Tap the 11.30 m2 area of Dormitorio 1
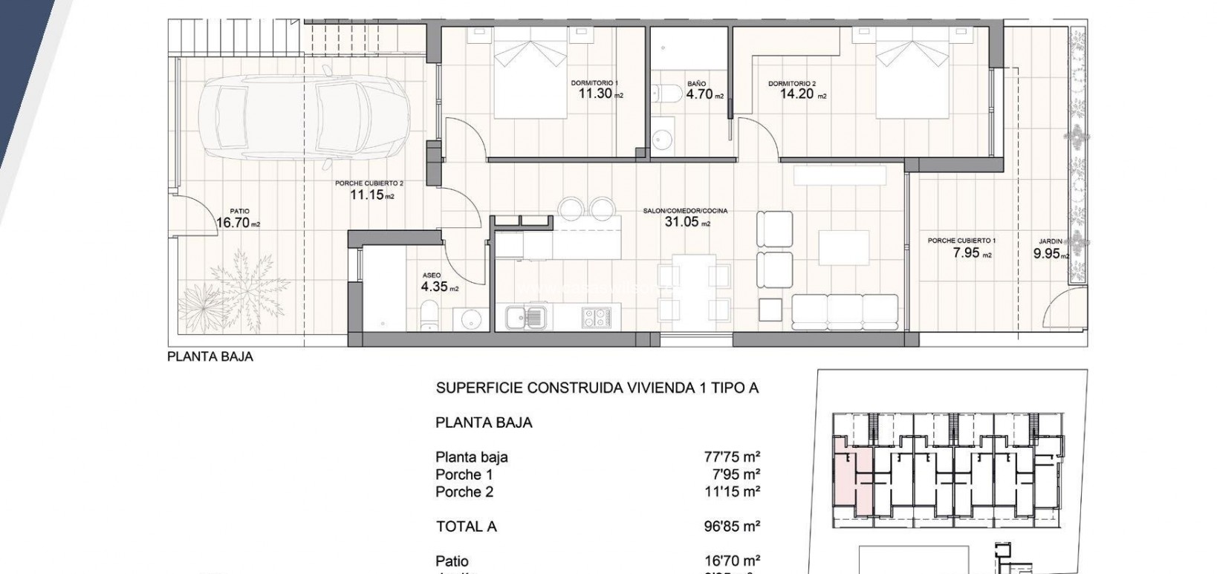point(597,94)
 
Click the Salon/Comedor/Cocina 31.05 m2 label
point(686,221)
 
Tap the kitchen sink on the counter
point(525,318)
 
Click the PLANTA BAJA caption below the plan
point(210,356)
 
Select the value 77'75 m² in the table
point(732,457)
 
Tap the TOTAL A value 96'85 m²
point(732,526)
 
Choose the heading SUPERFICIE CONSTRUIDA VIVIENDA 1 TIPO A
point(597,388)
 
